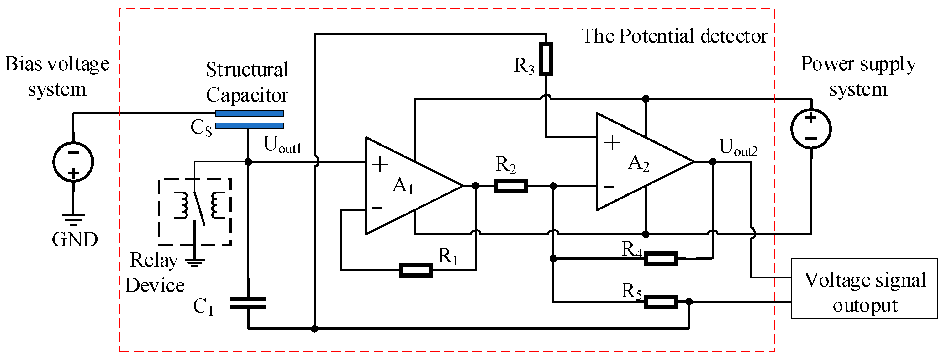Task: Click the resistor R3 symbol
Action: point(546,59)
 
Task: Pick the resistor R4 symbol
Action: point(660,258)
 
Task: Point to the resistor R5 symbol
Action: point(660,302)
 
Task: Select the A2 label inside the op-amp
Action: point(638,163)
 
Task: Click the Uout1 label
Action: point(282,145)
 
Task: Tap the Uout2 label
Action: point(738,147)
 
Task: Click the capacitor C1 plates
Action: point(248,304)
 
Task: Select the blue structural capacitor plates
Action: point(250,119)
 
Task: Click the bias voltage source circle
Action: point(73,162)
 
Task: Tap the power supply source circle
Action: point(811,129)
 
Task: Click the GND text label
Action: point(75,240)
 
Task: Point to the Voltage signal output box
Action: point(864,289)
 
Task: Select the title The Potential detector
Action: point(674,36)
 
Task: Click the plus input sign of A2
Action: point(612,142)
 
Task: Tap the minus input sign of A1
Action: point(377,208)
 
